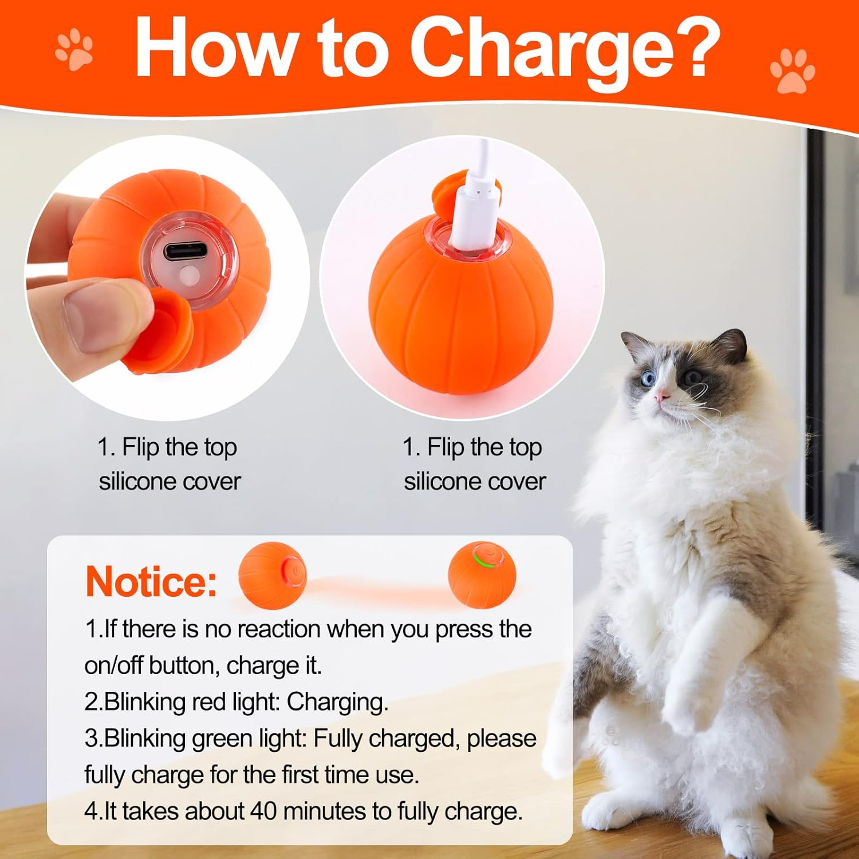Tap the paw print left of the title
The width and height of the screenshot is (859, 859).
[x=74, y=50]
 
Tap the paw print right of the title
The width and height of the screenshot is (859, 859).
[x=792, y=70]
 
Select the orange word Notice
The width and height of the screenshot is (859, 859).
[x=151, y=582]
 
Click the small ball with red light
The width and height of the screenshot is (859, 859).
[x=273, y=574]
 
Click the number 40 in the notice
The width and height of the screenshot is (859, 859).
[x=263, y=811]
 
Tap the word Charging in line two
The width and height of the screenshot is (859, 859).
[x=337, y=702]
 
